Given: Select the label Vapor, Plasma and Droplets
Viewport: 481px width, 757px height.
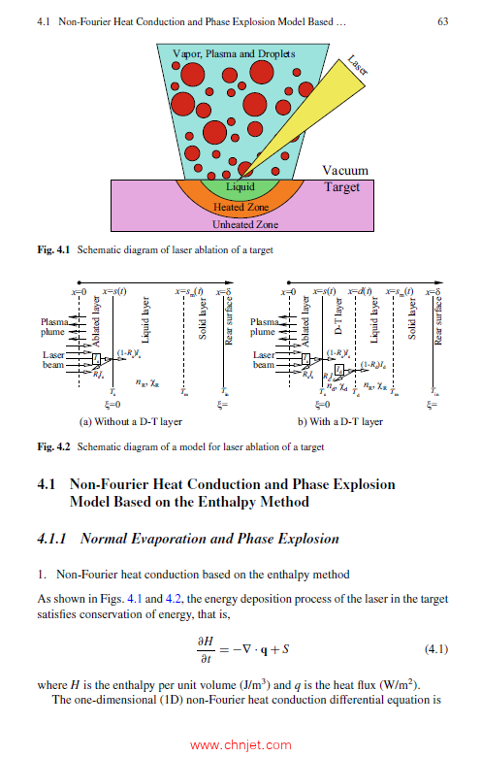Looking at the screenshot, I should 233,54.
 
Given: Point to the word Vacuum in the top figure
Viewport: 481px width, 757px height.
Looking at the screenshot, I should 344,171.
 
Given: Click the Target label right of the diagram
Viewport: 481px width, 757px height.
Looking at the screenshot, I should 341,186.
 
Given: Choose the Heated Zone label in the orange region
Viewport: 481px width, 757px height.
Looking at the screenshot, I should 241,207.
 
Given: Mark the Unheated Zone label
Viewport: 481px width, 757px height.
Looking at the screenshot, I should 244,224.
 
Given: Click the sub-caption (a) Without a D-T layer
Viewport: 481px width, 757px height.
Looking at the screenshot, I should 131,422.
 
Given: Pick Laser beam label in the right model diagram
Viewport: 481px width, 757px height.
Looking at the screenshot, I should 264,360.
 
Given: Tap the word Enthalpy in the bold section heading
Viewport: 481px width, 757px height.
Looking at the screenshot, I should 277,502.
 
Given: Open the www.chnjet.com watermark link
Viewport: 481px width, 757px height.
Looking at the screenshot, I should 240,746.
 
